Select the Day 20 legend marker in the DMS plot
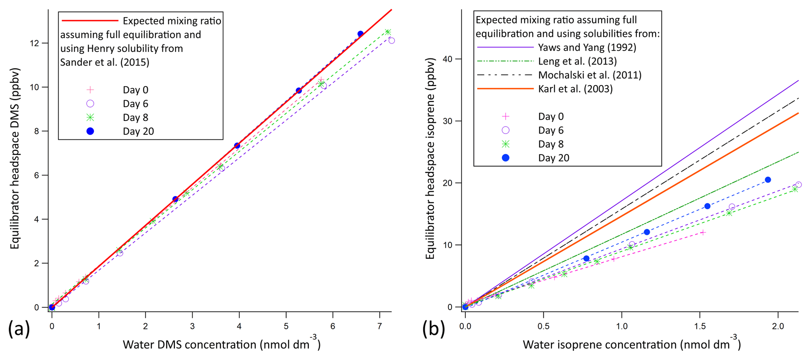click(x=90, y=132)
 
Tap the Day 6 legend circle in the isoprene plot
click(x=506, y=130)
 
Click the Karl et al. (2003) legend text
click(x=575, y=89)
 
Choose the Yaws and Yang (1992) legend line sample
click(x=505, y=48)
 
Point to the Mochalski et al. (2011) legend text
click(x=590, y=75)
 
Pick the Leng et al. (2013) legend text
click(x=577, y=61)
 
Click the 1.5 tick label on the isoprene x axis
click(x=700, y=327)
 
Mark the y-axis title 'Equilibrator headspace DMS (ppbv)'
click(x=15, y=159)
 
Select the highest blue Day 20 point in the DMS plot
click(x=360, y=34)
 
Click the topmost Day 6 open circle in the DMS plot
click(x=391, y=40)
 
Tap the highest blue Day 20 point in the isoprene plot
click(x=768, y=180)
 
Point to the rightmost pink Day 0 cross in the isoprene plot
click(x=703, y=232)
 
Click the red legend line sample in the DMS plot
click(x=89, y=20)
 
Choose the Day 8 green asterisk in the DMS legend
click(x=90, y=117)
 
